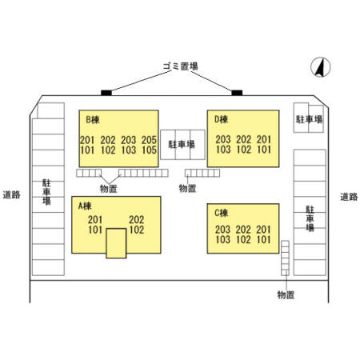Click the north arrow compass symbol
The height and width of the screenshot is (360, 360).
point(321,67)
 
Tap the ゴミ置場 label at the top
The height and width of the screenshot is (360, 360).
point(181,66)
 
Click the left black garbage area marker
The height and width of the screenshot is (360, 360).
point(106,93)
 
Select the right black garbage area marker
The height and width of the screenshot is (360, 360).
point(237,93)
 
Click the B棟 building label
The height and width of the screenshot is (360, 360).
point(93,120)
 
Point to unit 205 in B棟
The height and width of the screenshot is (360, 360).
point(149,140)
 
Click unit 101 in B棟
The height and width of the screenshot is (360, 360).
point(87,150)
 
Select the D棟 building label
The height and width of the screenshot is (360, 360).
point(222,119)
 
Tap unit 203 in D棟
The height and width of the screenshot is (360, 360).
point(223,139)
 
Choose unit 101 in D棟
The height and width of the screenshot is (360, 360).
point(264,150)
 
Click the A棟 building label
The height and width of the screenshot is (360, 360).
point(85,206)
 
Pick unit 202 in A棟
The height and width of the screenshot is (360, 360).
point(137,219)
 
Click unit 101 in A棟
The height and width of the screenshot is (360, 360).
point(95,230)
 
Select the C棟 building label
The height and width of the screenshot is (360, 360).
point(222,213)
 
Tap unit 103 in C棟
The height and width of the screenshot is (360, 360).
point(223,239)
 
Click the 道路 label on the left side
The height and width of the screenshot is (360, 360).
point(11,194)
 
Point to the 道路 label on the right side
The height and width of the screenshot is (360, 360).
point(349,197)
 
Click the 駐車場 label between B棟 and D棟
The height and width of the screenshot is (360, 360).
point(182,144)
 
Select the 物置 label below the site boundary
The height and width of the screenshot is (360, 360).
point(286,294)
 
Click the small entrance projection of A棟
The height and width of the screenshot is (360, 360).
point(116,243)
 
